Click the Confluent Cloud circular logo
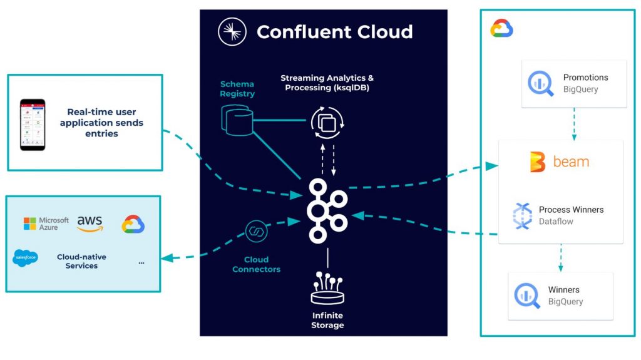[232, 31]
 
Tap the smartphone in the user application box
[33, 125]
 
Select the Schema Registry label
[237, 89]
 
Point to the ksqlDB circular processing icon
[327, 123]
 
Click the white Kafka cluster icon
[327, 211]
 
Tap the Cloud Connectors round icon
[256, 231]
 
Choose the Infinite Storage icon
[327, 288]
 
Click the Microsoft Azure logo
[46, 224]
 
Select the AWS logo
[90, 224]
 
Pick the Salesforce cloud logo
[25, 258]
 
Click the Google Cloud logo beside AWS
[133, 224]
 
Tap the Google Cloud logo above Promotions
[501, 28]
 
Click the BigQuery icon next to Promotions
[540, 84]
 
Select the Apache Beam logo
[559, 162]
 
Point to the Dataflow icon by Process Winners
[523, 215]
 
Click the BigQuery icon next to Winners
[527, 296]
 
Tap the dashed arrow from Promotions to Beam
[574, 124]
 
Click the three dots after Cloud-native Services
[141, 262]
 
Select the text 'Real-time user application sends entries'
[101, 123]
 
